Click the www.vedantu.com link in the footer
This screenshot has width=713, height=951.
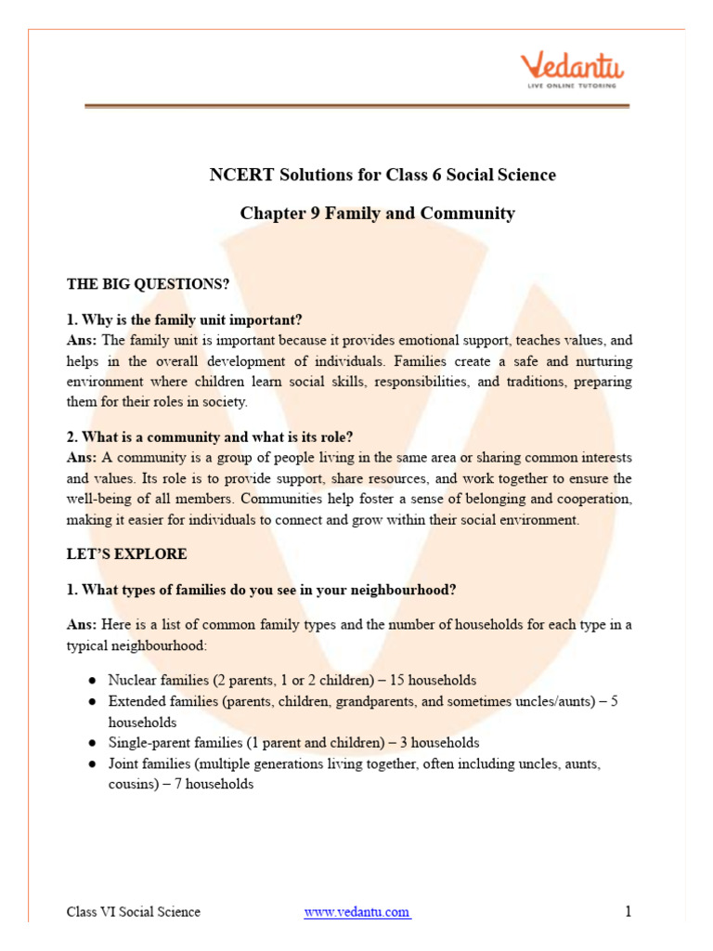click(357, 912)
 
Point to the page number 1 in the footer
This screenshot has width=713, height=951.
click(629, 911)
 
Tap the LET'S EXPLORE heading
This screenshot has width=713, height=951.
click(127, 554)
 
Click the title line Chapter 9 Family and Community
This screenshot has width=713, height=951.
click(377, 214)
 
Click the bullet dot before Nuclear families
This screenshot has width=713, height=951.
click(93, 681)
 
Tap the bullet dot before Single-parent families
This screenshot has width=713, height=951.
click(93, 743)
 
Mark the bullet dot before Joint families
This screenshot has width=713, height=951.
click(93, 763)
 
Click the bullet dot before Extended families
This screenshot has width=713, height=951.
click(93, 702)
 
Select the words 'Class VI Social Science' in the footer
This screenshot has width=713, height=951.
click(134, 912)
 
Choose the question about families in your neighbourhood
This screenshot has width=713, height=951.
click(262, 589)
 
